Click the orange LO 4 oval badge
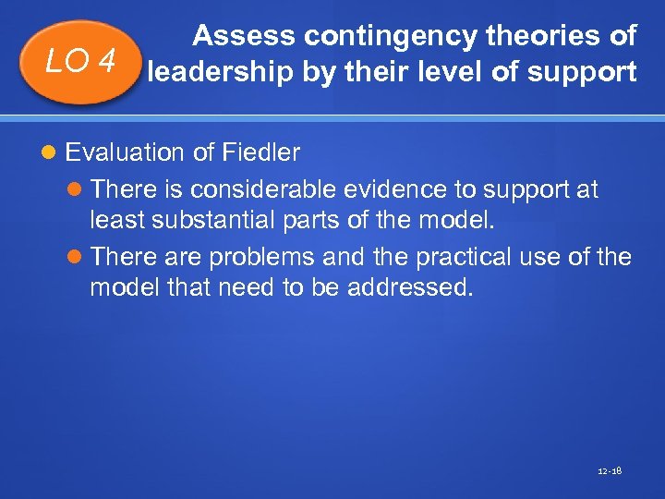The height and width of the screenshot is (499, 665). (x=81, y=63)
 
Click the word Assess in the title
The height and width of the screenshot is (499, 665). (x=245, y=36)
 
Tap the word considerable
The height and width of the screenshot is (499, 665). (x=263, y=189)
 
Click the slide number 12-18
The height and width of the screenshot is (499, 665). (x=611, y=471)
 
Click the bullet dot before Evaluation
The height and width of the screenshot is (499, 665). (x=50, y=152)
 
